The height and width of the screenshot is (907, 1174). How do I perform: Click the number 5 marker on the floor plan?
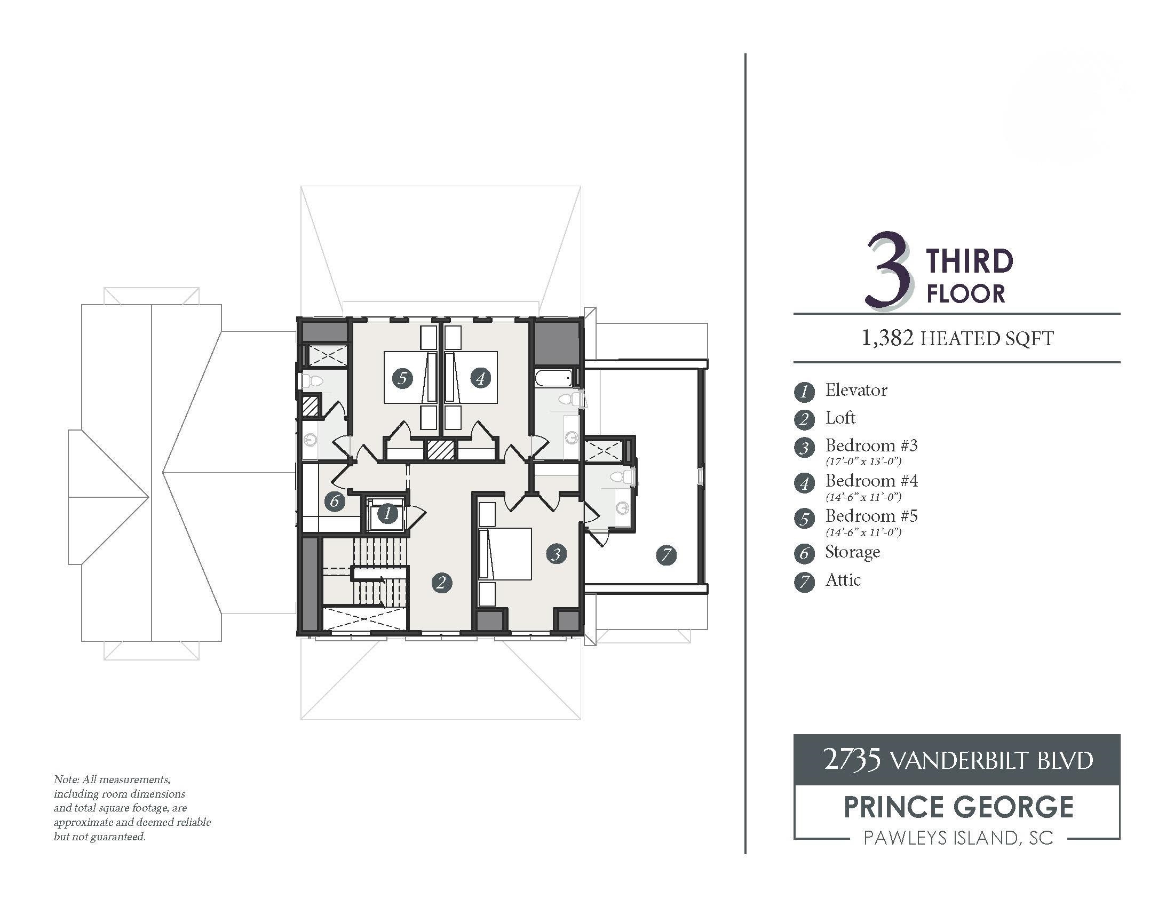402,378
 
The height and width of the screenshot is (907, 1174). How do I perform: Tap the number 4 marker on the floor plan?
480,378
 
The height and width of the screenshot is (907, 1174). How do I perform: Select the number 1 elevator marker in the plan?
387,514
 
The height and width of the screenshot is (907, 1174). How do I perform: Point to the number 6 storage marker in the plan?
335,502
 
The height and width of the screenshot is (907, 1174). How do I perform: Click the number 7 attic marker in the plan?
667,554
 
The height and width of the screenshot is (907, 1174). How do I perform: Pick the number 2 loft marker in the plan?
442,583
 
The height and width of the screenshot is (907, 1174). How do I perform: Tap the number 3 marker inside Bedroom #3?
557,554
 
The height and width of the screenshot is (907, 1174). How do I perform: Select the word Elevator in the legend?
856,390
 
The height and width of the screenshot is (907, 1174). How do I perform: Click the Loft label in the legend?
840,418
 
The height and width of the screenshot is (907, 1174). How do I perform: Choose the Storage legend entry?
853,552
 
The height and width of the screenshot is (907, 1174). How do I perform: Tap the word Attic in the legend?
843,580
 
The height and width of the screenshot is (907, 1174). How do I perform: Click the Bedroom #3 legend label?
871,445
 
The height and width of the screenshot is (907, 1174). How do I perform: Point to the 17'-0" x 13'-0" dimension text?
863,462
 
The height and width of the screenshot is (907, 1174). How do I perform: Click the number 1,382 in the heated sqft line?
887,338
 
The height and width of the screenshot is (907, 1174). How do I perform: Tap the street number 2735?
852,759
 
